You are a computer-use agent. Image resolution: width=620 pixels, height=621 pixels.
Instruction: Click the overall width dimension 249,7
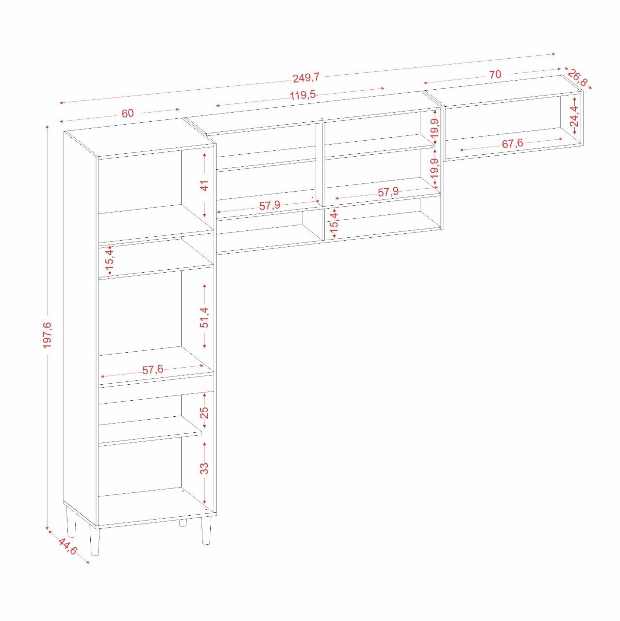(306, 77)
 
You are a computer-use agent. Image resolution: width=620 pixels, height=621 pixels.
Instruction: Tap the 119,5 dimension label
(302, 95)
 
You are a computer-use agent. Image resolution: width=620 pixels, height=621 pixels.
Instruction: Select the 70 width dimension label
(495, 74)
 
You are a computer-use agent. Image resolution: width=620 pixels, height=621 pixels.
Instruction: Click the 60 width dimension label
(127, 113)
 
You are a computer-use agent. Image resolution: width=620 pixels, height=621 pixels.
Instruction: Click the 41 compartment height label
(205, 185)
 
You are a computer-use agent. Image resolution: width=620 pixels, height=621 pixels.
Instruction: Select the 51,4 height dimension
(205, 317)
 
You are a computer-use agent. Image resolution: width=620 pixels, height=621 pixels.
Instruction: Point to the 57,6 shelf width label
(153, 370)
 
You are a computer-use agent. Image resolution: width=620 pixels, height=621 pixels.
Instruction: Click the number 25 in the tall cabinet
(205, 412)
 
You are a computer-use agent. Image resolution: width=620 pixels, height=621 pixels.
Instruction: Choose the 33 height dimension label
(205, 468)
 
